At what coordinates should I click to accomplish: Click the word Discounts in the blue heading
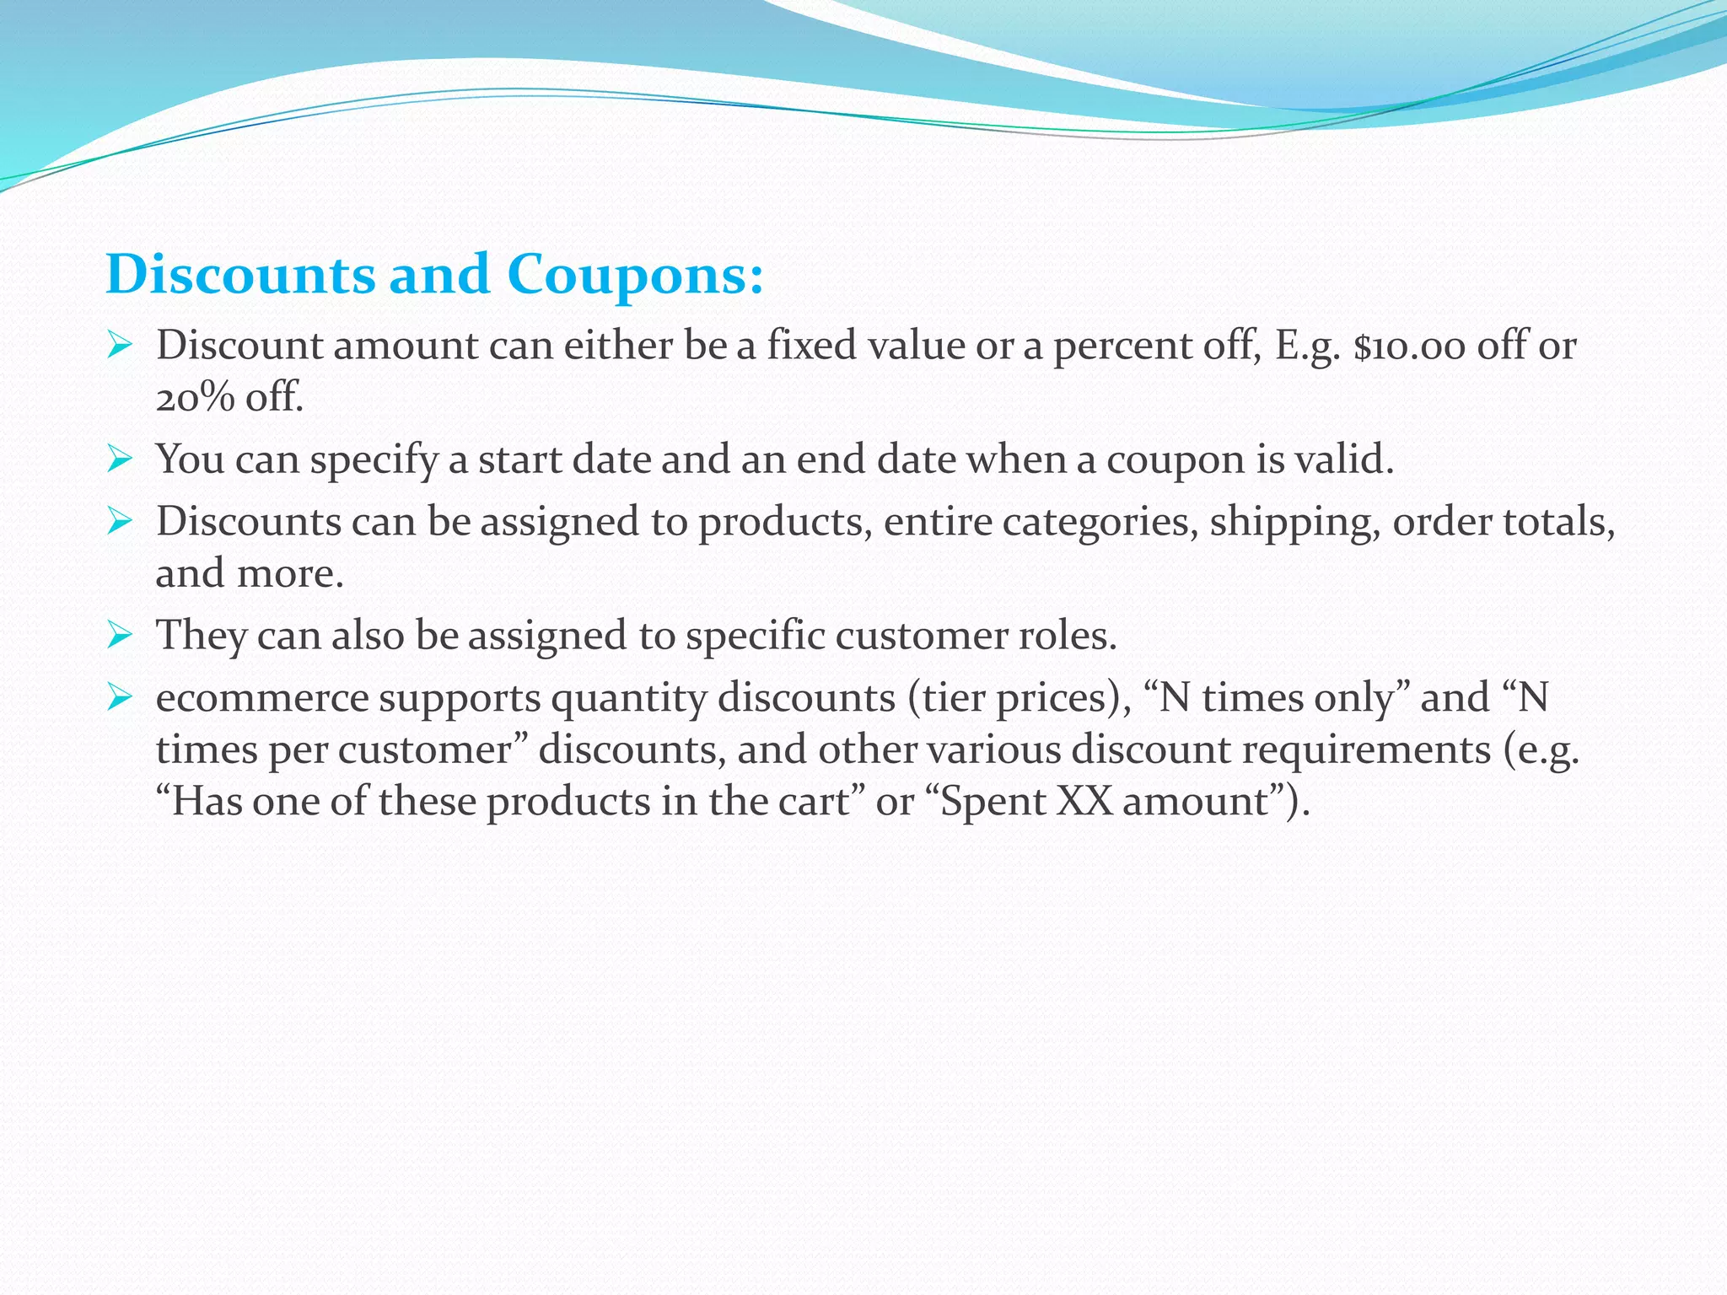[240, 275]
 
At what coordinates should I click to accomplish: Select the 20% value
[195, 397]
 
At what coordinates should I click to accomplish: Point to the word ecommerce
[262, 698]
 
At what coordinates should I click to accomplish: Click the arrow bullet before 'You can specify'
[120, 459]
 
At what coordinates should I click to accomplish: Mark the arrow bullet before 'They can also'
[120, 635]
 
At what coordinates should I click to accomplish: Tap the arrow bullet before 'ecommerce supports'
[120, 698]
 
